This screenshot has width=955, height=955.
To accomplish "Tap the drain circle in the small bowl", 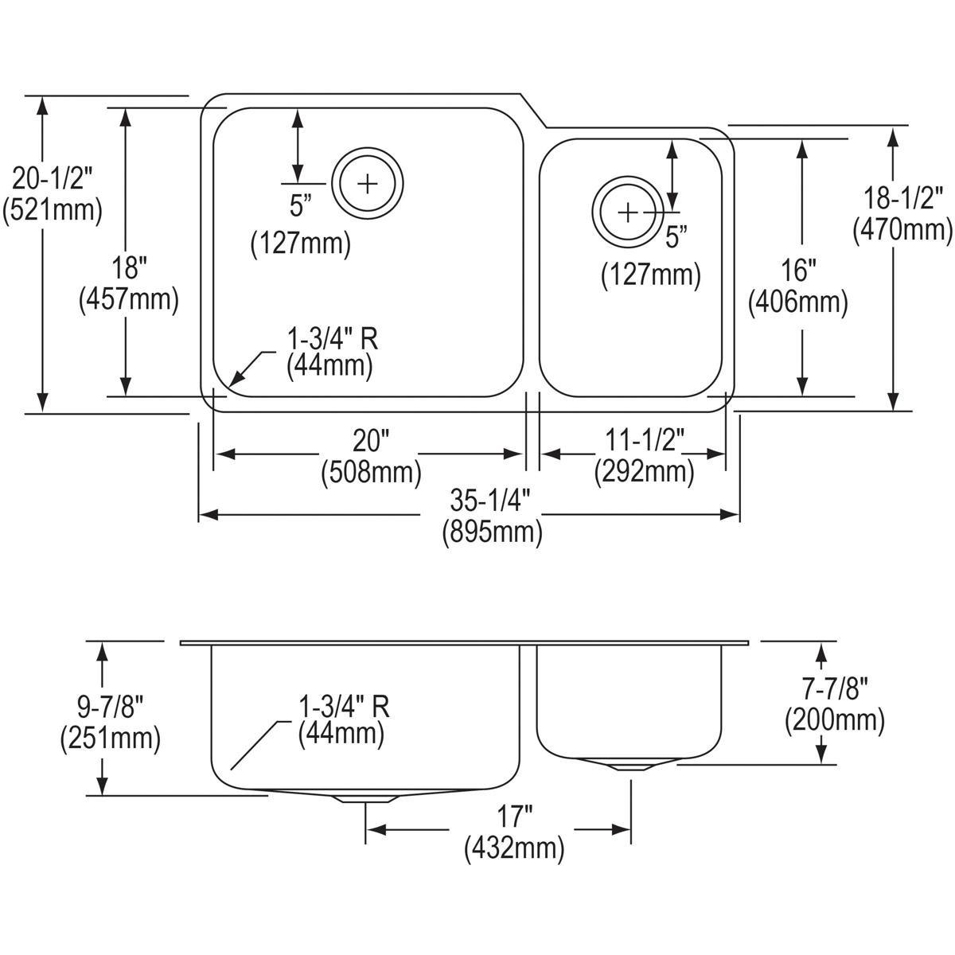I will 628,212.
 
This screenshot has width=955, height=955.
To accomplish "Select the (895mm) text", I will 493,532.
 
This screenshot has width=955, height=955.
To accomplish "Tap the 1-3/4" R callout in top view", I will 332,340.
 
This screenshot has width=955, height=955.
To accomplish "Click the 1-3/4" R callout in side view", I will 343,705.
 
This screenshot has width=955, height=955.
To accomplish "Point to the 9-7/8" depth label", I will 110,705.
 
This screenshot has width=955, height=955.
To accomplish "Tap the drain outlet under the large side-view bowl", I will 365,797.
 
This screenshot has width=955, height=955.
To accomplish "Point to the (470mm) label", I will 903,229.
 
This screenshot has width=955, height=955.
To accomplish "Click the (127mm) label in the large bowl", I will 301,244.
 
